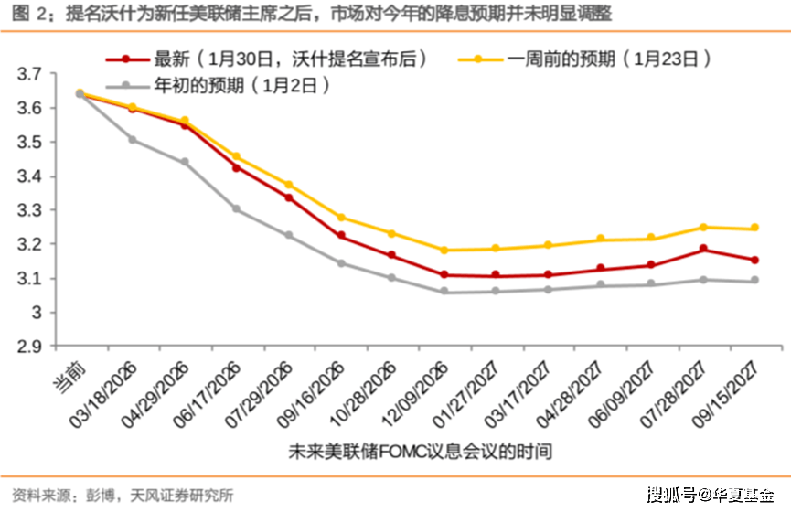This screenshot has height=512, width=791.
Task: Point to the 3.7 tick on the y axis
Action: tap(30, 74)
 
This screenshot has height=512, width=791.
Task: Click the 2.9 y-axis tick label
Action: tap(30, 347)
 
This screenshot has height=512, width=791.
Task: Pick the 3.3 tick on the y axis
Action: tap(30, 210)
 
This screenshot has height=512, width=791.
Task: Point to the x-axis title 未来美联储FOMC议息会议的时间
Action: tap(420, 452)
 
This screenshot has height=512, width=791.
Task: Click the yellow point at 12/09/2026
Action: tap(444, 250)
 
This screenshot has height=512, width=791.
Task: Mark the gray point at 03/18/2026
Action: tap(133, 139)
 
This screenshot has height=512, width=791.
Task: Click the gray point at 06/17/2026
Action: tap(236, 209)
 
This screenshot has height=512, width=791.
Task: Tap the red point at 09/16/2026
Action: tap(341, 236)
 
